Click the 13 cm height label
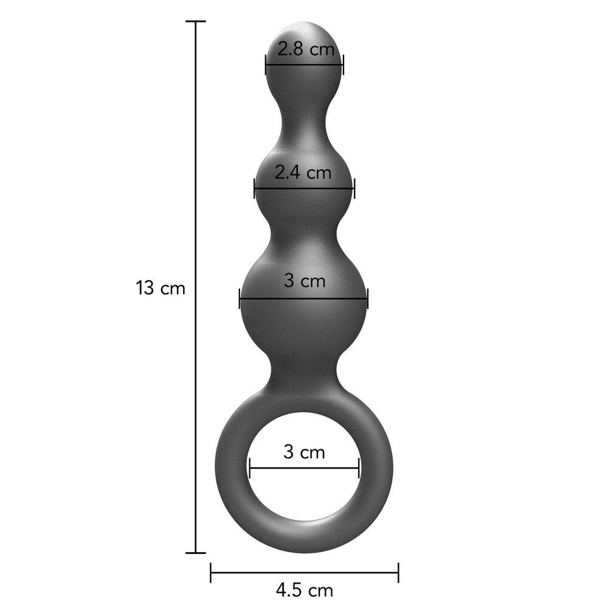(161, 288)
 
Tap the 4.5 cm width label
(305, 590)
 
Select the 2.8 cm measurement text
(306, 49)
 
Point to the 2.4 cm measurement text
(303, 172)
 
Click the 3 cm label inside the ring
(304, 452)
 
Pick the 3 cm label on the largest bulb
(305, 280)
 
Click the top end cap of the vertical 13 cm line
(195, 22)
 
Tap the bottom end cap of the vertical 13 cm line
(195, 553)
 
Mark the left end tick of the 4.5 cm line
(210, 572)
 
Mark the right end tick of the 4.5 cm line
(398, 572)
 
